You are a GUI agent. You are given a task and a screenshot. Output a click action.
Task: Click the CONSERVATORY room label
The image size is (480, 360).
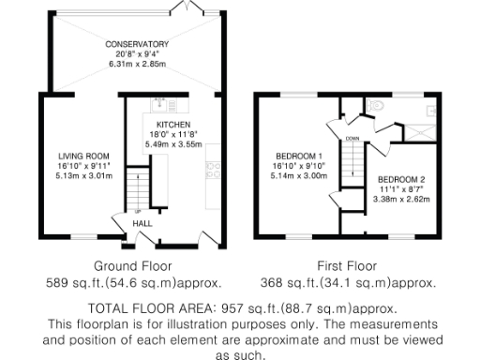coord(137,43)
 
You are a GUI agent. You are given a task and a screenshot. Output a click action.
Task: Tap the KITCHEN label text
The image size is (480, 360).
coord(173,125)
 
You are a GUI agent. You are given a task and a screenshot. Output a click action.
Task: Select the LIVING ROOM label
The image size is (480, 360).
coord(84,156)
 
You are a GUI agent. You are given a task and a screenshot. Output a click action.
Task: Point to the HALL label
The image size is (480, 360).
coord(142,224)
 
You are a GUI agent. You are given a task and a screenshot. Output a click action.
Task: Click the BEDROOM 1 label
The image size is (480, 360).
coord(299,156)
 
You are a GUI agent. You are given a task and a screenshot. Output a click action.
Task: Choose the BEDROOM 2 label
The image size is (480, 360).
coord(401,179)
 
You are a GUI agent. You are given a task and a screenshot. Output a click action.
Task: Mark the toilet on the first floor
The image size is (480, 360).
coord(377,105)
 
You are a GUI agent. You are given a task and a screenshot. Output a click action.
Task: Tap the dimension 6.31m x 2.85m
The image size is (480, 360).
coord(137,65)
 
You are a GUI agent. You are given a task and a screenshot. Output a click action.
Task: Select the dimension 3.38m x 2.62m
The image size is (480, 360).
coord(401,199)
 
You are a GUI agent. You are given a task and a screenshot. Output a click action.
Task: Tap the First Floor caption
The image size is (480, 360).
coord(347,265)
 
